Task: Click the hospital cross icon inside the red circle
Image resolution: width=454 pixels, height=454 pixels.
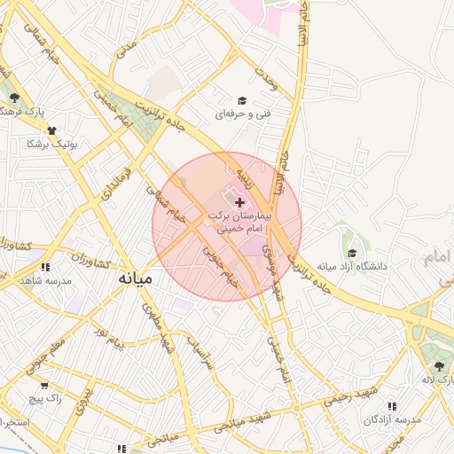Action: pos(240,203)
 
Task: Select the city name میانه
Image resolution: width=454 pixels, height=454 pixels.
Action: pos(136,278)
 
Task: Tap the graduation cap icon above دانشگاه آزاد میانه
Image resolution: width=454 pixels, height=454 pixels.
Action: pos(352,254)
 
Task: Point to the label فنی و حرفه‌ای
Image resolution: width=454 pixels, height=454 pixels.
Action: pos(242,114)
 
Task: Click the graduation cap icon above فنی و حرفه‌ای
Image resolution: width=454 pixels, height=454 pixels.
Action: pos(242,101)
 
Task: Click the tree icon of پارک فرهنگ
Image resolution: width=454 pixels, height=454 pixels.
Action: pos(13,98)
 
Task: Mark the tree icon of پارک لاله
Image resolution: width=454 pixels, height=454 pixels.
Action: pos(439,366)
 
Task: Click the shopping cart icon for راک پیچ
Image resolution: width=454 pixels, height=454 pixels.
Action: pos(44,386)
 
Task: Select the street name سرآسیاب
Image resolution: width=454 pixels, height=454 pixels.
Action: pos(200,355)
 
